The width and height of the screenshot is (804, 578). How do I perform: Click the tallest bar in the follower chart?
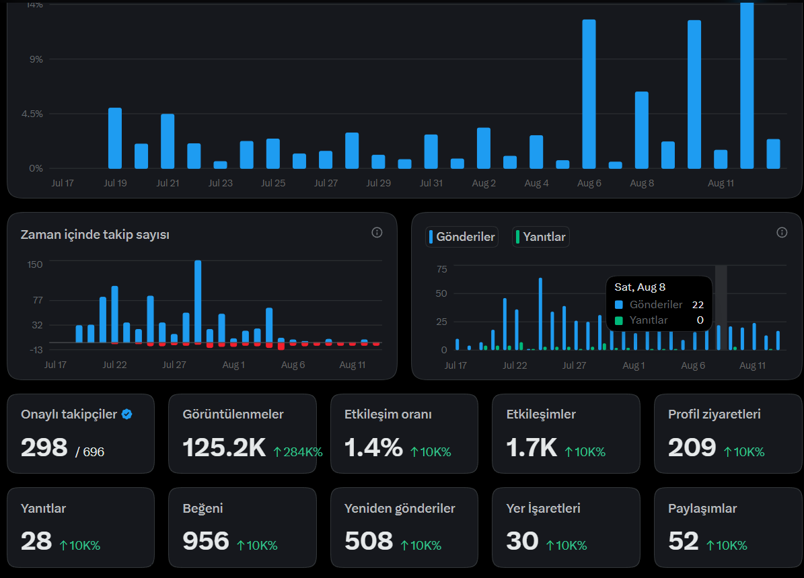click(x=198, y=301)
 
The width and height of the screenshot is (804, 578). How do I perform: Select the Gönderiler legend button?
click(x=462, y=237)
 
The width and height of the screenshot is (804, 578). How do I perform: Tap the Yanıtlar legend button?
click(x=540, y=237)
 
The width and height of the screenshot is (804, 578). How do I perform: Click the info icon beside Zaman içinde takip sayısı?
click(x=377, y=233)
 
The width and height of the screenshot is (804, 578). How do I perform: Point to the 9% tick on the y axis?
click(x=36, y=59)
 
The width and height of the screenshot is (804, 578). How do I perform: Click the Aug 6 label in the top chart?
click(x=589, y=183)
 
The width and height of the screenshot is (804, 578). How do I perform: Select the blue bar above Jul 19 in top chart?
click(x=115, y=138)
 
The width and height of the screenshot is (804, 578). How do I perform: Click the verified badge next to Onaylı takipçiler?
click(x=127, y=414)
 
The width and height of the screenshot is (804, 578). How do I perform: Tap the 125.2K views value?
click(x=224, y=447)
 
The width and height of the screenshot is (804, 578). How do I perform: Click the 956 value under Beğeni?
click(x=206, y=541)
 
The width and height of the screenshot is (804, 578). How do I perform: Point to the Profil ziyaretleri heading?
click(x=715, y=414)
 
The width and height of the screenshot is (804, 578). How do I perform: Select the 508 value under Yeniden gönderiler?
click(x=369, y=541)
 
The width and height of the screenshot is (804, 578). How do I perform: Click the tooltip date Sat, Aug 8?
click(x=640, y=287)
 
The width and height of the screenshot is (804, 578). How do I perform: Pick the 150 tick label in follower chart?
click(x=35, y=264)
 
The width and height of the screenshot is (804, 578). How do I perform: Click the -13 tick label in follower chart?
click(x=36, y=350)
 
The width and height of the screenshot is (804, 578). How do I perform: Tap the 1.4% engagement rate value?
click(x=373, y=447)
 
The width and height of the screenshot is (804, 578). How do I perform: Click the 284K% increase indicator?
click(x=298, y=451)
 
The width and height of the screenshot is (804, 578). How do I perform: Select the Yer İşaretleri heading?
click(x=543, y=508)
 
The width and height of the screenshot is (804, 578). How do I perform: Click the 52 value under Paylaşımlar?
click(x=683, y=541)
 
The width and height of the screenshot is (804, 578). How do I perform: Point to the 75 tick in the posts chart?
click(x=442, y=269)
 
